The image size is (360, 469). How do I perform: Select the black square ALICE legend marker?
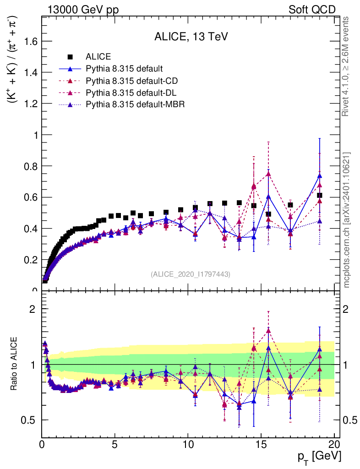(x=70, y=57)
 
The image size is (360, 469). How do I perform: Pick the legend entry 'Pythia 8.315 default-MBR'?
(x=135, y=104)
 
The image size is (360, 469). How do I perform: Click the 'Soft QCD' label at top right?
(x=312, y=10)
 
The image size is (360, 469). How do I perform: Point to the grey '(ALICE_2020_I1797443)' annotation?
(x=191, y=274)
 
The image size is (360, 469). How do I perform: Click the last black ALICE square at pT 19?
(x=320, y=195)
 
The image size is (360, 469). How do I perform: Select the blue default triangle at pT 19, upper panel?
(x=320, y=175)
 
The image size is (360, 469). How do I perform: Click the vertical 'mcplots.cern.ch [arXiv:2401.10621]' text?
(x=348, y=220)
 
